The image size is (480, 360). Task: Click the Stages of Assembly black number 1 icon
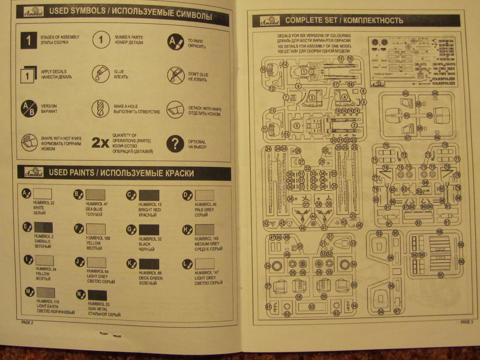click(x=29, y=40)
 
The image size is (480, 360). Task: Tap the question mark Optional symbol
click(x=175, y=144)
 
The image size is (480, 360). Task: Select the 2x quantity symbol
click(x=100, y=143)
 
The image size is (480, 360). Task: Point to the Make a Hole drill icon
click(x=100, y=108)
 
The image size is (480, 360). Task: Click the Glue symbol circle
click(x=100, y=74)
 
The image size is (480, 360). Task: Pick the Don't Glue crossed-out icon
click(x=176, y=75)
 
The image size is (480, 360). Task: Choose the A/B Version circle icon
click(x=29, y=109)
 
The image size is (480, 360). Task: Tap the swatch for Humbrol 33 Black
click(x=149, y=230)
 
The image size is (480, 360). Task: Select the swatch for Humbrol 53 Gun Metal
click(x=97, y=296)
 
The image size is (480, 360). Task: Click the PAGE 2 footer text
click(x=27, y=323)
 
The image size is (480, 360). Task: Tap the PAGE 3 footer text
click(x=466, y=322)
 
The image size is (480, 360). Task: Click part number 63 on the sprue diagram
click(x=312, y=307)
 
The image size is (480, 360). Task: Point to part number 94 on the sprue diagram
click(x=381, y=311)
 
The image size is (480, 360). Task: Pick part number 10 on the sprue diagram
click(x=263, y=70)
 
